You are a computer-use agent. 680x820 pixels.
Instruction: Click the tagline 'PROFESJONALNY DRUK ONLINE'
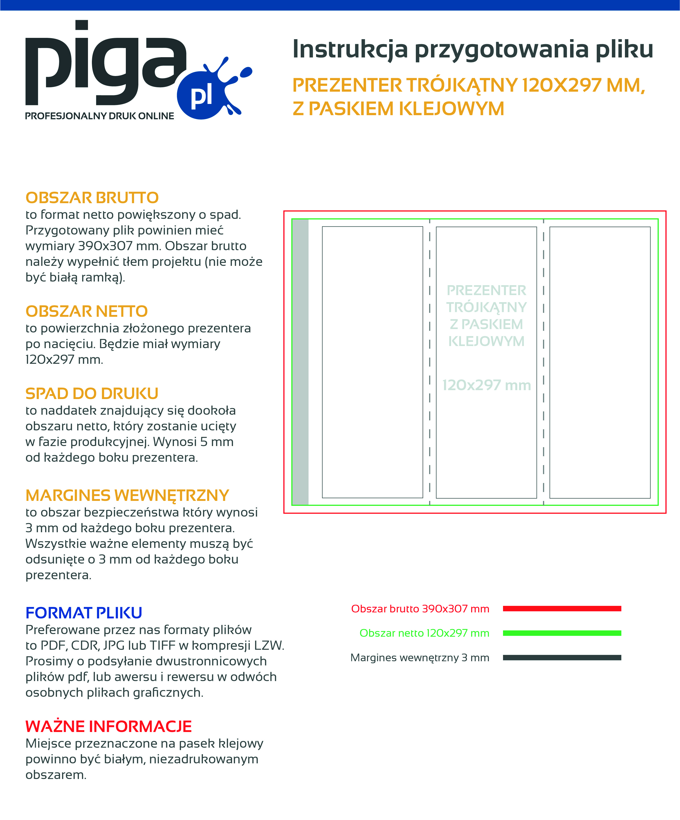click(x=99, y=116)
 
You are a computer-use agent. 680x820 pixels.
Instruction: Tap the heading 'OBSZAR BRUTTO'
click(x=92, y=198)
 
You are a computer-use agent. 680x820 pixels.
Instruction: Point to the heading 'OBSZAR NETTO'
click(x=87, y=311)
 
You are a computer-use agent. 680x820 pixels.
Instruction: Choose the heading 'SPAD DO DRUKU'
click(x=92, y=393)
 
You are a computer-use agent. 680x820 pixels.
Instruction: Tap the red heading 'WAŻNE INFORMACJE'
click(x=109, y=726)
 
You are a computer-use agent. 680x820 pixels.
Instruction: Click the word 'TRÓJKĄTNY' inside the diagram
click(x=486, y=307)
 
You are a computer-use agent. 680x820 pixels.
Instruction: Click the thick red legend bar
click(x=562, y=608)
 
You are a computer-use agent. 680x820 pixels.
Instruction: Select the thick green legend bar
click(x=562, y=633)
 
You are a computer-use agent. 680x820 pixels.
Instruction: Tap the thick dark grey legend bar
click(x=562, y=658)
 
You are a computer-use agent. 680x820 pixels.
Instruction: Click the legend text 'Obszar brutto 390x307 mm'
click(x=420, y=609)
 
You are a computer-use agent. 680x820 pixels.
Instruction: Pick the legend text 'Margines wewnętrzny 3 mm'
click(x=420, y=658)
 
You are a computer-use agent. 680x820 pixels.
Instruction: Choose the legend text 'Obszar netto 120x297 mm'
click(x=424, y=633)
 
